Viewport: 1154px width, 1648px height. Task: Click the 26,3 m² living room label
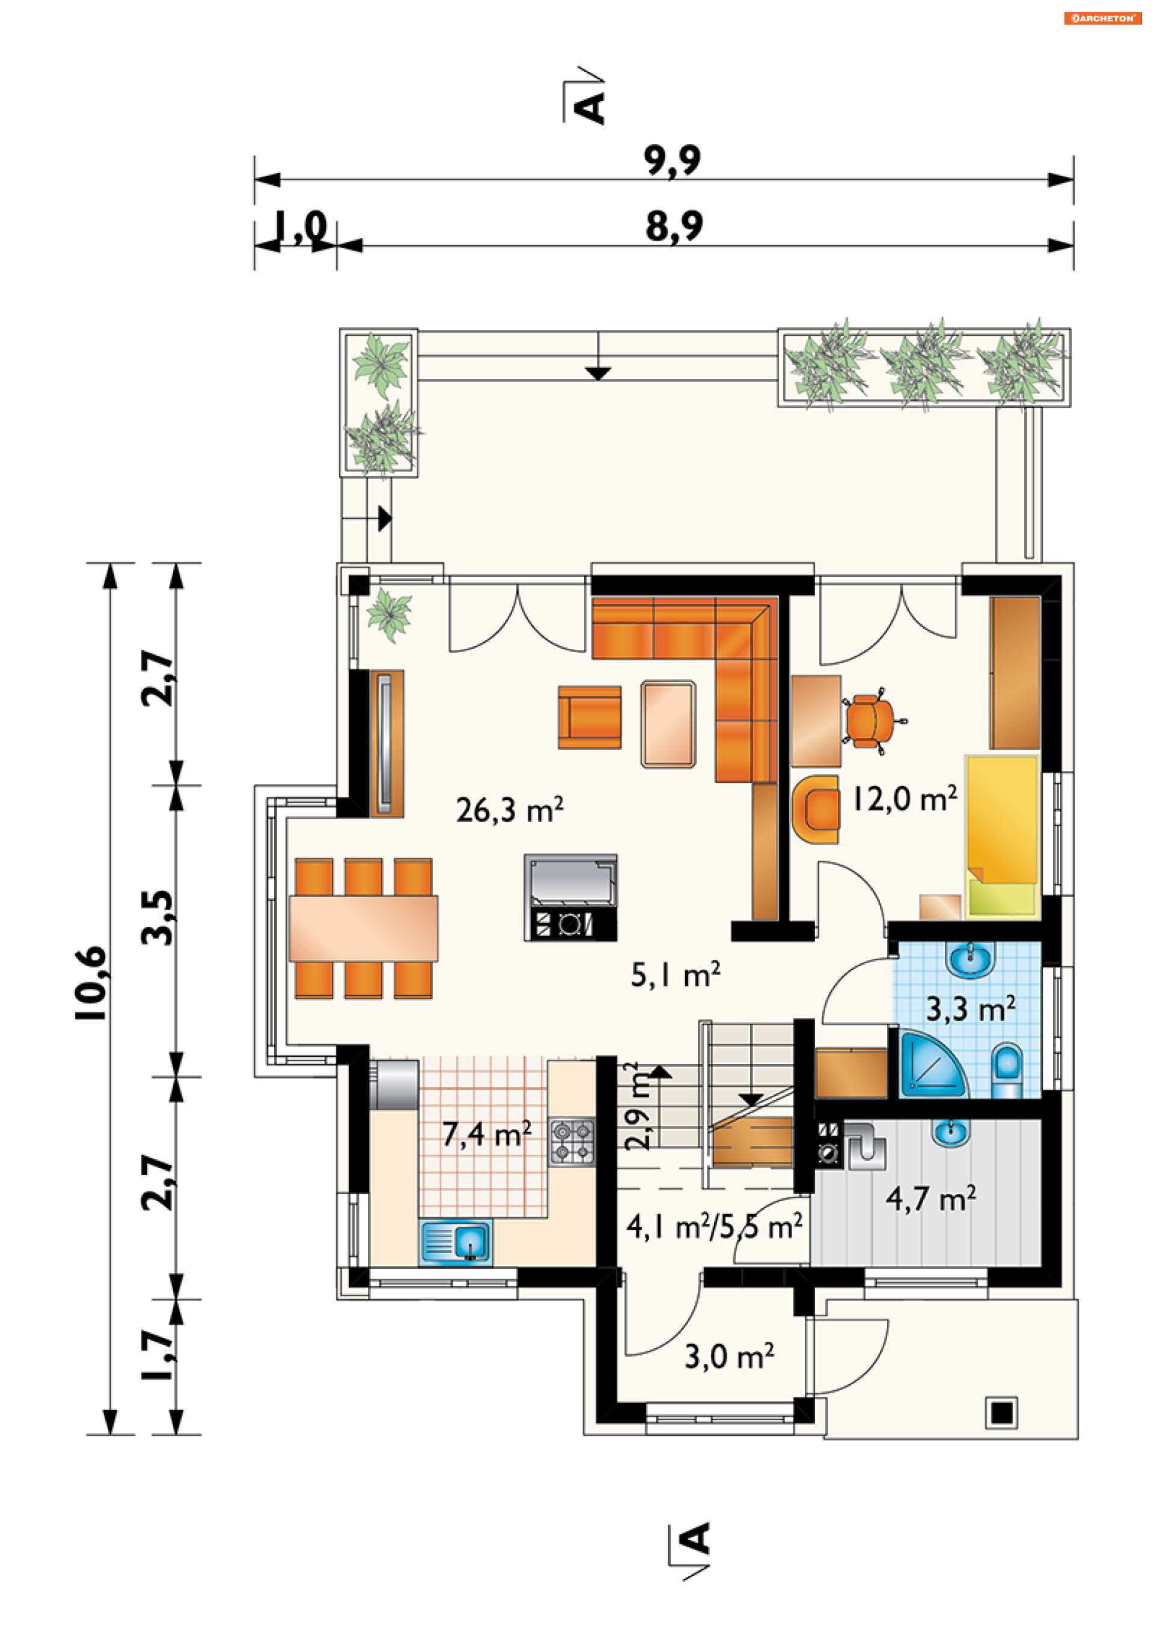(509, 810)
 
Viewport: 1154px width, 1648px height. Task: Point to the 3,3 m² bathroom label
(970, 1009)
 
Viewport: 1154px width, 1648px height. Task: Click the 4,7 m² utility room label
(930, 1199)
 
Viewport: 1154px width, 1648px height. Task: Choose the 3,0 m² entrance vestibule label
(729, 1357)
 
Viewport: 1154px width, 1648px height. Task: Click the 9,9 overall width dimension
(671, 159)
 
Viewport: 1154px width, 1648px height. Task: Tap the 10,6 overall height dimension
(91, 983)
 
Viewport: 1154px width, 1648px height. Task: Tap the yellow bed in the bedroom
(1003, 836)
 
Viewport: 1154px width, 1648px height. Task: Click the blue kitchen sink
(456, 1241)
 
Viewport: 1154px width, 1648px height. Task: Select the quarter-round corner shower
(932, 1065)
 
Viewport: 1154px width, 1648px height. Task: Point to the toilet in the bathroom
(1007, 1070)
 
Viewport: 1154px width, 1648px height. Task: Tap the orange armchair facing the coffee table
(590, 717)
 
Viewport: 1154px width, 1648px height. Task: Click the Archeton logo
(1102, 18)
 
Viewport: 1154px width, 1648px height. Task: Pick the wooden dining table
(364, 928)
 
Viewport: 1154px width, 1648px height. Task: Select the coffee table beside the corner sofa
(668, 723)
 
